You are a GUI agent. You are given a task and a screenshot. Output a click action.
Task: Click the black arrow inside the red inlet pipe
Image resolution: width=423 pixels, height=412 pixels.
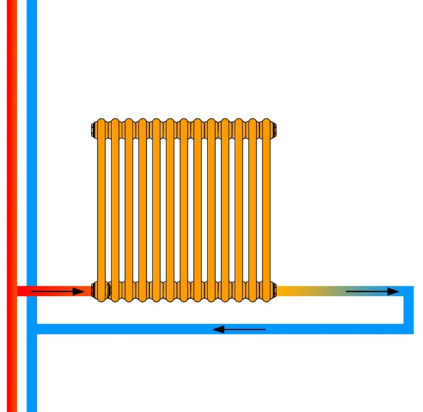coord(58,291)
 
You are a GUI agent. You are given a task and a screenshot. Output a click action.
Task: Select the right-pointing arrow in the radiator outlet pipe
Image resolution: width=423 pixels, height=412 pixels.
coord(372,291)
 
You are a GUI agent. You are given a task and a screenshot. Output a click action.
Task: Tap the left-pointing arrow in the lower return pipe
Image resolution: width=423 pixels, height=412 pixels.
coord(239,329)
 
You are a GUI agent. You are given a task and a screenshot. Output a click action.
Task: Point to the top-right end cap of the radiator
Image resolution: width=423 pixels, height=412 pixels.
coord(274,129)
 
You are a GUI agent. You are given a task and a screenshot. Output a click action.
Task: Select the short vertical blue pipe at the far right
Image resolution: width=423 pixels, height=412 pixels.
coord(408,310)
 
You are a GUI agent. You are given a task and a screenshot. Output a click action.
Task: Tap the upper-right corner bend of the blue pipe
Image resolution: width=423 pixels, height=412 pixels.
coord(408,291)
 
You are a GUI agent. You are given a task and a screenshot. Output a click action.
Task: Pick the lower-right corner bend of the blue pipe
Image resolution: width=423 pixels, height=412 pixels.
coord(408,328)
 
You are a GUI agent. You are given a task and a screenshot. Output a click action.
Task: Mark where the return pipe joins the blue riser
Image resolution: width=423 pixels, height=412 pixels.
coord(32,328)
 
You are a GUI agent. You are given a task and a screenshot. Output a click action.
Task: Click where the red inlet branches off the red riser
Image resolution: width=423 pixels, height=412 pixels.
coord(12,291)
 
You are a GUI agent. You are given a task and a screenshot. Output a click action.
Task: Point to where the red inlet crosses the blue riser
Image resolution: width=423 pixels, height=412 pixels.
coord(32,291)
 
